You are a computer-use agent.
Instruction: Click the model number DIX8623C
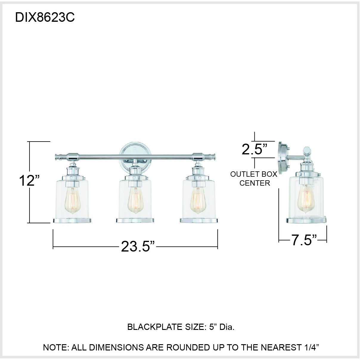click(x=45, y=18)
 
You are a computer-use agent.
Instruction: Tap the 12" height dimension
click(x=29, y=181)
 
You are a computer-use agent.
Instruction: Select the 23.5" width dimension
click(x=138, y=246)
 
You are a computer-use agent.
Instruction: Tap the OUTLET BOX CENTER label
click(x=254, y=179)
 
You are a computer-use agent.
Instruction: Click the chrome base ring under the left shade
click(x=72, y=221)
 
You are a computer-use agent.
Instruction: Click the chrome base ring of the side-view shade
click(x=306, y=221)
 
